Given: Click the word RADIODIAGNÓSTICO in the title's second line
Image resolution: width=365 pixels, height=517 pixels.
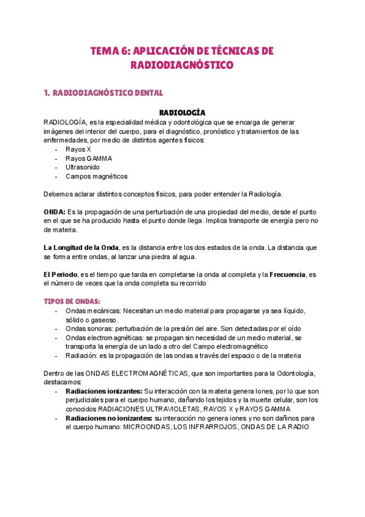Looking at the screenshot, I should (182, 65).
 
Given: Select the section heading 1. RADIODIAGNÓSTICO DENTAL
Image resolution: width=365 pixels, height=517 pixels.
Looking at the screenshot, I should (103, 93).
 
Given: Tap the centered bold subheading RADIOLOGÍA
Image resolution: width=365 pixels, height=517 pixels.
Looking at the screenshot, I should (182, 112).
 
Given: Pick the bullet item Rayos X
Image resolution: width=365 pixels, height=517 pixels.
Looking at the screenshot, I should (78, 149).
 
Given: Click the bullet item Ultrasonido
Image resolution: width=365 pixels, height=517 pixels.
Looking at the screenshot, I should (83, 167).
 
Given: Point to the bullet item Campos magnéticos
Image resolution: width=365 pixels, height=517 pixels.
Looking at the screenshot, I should (96, 176).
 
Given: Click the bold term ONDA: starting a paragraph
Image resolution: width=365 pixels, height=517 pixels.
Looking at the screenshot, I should (57, 212).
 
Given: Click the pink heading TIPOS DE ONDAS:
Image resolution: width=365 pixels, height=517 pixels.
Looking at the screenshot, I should (72, 302).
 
